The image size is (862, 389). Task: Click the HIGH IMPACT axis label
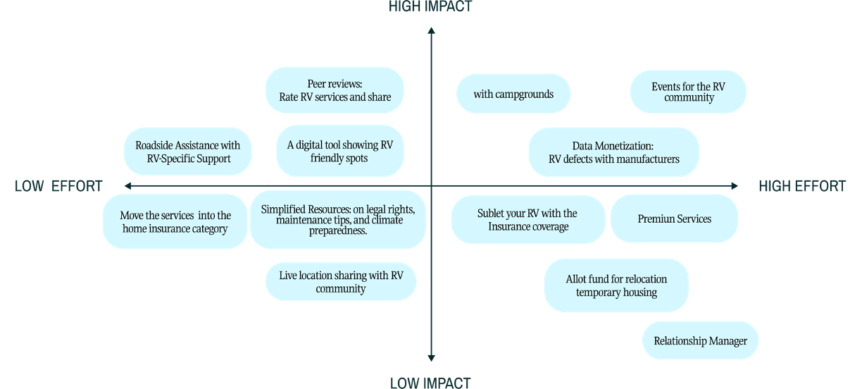[x=430, y=6]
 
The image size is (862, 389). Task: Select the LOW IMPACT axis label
[x=430, y=383]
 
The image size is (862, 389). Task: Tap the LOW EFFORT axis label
[x=58, y=186]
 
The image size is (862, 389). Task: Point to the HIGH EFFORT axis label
[x=802, y=186]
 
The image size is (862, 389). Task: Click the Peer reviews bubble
[x=335, y=90]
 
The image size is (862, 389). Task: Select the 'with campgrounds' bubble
[x=513, y=94]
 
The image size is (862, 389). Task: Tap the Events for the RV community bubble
[x=688, y=92]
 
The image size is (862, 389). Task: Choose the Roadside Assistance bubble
[x=187, y=152]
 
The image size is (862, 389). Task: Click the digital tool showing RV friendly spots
[x=339, y=151]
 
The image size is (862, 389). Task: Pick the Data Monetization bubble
[x=614, y=152]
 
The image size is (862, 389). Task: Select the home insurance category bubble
[x=175, y=221]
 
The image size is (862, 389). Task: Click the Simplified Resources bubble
[x=338, y=220]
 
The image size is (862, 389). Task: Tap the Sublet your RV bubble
[x=528, y=220]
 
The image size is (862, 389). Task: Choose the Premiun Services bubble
[x=674, y=218]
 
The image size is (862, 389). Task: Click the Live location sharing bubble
[x=341, y=282]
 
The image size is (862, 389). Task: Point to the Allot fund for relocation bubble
[x=616, y=285]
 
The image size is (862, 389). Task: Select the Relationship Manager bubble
[x=700, y=340]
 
